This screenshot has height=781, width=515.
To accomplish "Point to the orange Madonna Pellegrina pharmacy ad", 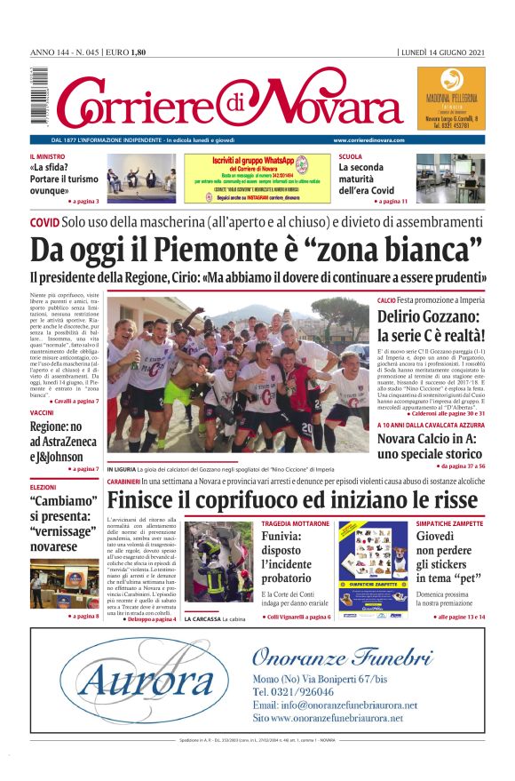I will point(451,98).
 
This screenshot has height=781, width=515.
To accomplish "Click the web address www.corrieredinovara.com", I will point(369,140).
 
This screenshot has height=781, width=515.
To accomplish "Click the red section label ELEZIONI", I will point(43,487).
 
